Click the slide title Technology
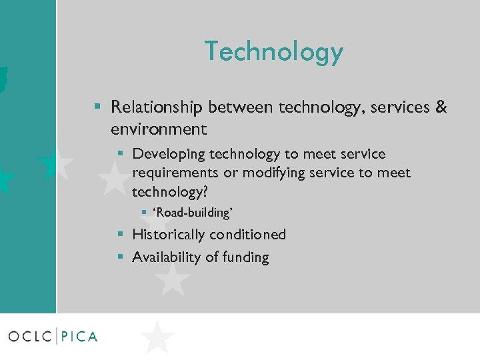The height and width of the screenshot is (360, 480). coord(273,51)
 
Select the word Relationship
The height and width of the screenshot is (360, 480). coord(157,107)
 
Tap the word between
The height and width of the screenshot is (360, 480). coord(234,107)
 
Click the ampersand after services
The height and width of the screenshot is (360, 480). coord(441,107)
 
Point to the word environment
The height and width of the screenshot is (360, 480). coord(159,128)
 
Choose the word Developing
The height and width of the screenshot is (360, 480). coord(169,155)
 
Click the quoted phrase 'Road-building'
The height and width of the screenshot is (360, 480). coord(193,213)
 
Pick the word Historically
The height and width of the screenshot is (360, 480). coord(169,235)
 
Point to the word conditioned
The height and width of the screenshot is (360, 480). coord(247,235)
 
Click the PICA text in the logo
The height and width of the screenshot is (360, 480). coord(79,336)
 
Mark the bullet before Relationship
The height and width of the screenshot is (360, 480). coord(97,107)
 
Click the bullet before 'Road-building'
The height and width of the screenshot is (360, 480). coord(143,213)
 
